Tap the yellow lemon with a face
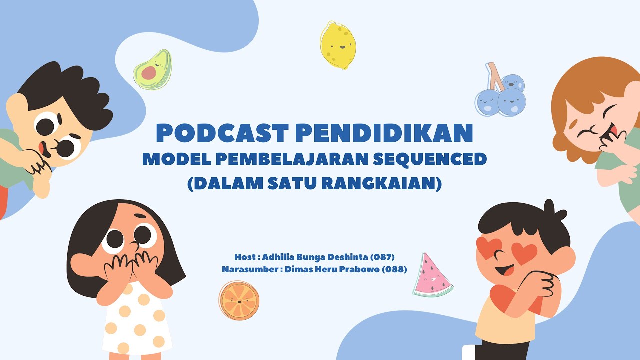338,45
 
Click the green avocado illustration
153,70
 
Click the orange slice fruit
239,300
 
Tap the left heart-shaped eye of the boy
490,246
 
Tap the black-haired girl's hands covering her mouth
131,265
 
